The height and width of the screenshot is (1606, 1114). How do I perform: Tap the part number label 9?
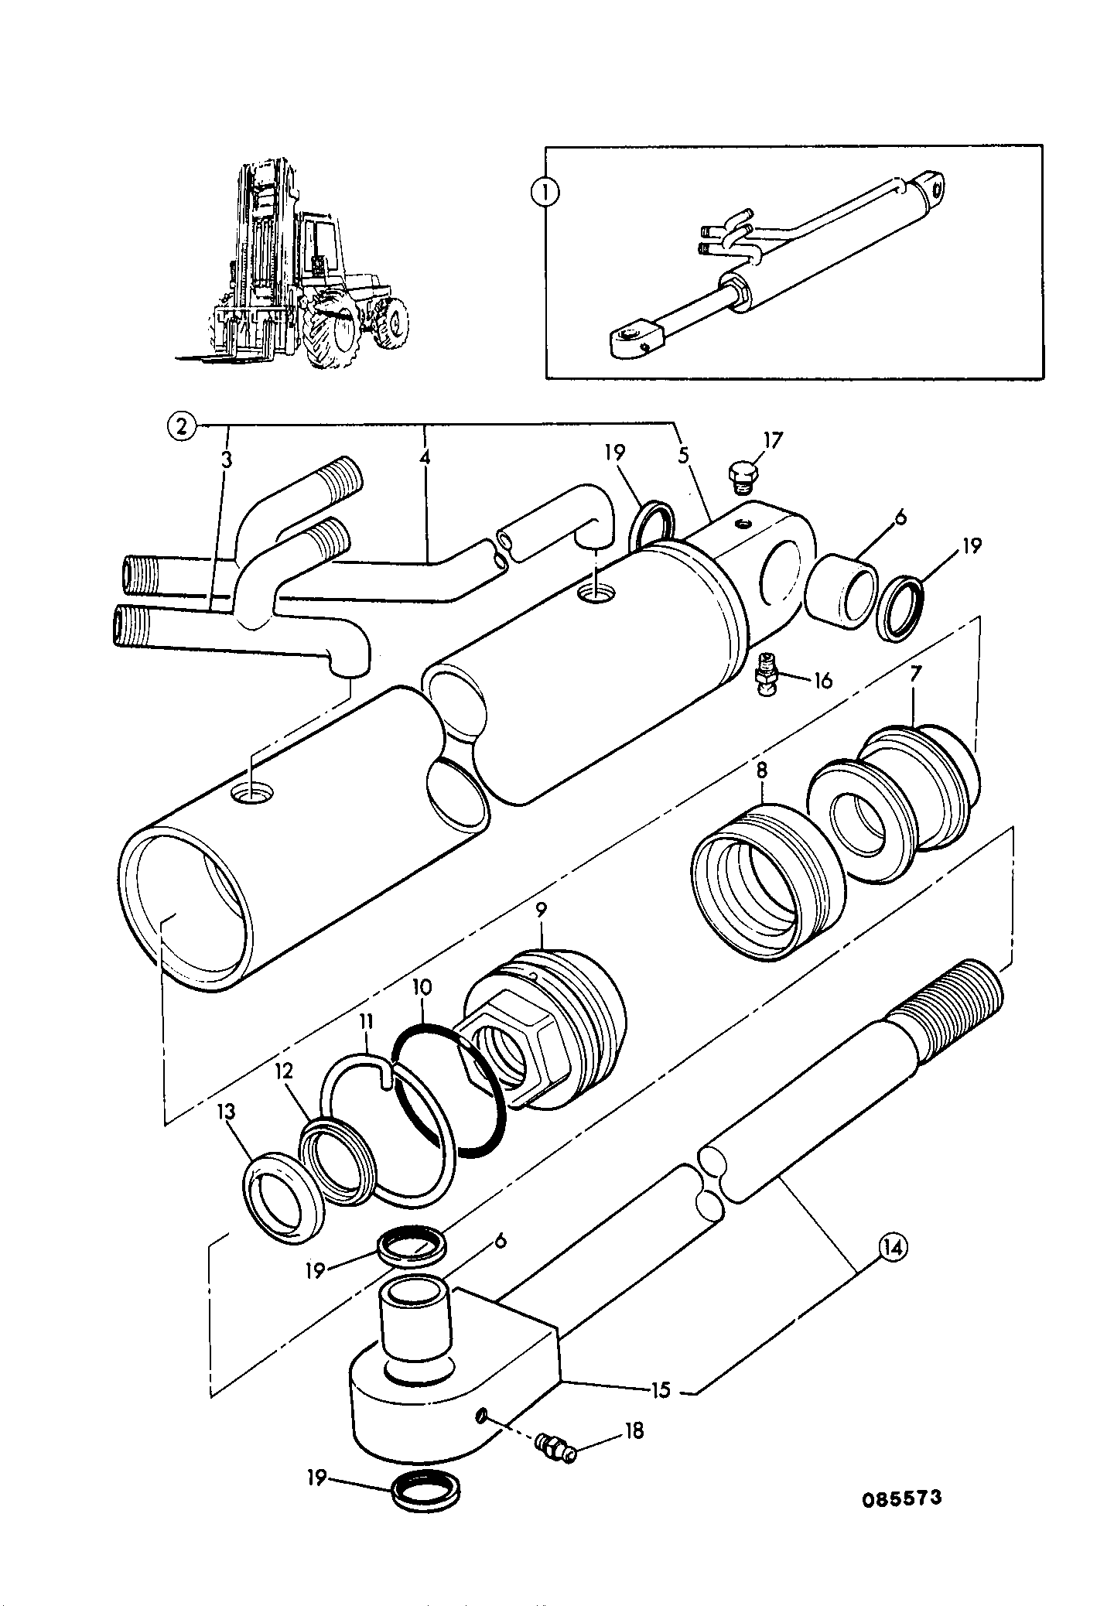tap(540, 931)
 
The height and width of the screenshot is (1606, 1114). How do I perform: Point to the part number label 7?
tap(914, 673)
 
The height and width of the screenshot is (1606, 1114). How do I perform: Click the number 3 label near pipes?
tap(226, 460)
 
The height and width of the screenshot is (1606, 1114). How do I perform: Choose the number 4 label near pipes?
tap(424, 457)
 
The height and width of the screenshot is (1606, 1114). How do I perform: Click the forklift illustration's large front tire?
tap(333, 329)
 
